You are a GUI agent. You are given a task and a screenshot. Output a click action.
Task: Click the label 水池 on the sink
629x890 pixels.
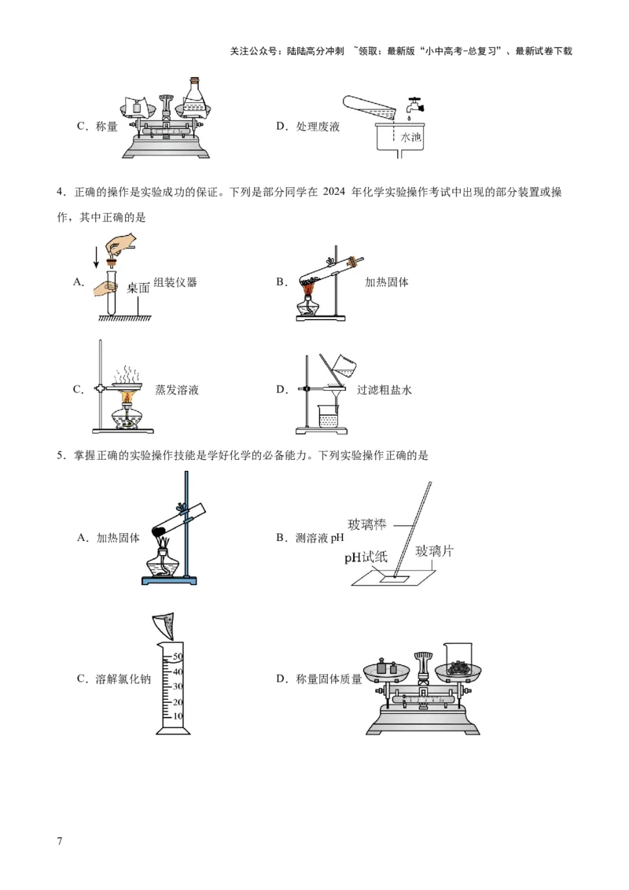tap(411, 137)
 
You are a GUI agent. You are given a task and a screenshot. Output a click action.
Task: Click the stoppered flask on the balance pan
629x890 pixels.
tap(196, 95)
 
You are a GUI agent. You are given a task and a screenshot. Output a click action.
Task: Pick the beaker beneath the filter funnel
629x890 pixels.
tap(326, 415)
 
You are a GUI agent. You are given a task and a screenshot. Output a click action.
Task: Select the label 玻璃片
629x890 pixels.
tap(435, 550)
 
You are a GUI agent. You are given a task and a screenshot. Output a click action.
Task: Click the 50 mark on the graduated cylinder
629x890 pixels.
tap(178, 656)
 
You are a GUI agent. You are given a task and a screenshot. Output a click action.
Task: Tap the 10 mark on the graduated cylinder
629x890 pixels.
tap(178, 716)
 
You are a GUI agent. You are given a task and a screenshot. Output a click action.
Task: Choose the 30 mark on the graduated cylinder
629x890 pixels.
tap(178, 686)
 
